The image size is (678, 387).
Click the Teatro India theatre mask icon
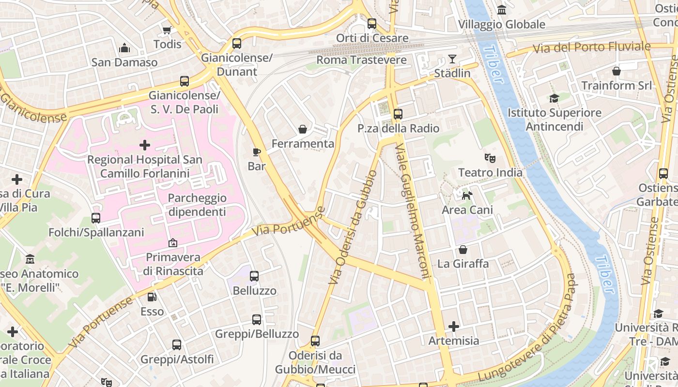pyautogui.click(x=490, y=158)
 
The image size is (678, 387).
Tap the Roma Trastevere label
pyautogui.click(x=361, y=60)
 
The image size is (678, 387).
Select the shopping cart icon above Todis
pyautogui.click(x=167, y=30)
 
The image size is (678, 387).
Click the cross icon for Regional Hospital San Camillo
pyautogui.click(x=144, y=145)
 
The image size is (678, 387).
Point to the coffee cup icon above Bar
pyautogui.click(x=257, y=152)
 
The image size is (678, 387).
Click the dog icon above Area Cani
pyautogui.click(x=467, y=195)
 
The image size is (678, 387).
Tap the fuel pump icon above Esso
pyautogui.click(x=152, y=297)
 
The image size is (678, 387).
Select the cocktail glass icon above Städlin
pyautogui.click(x=452, y=59)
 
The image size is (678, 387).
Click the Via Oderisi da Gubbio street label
pyautogui.click(x=352, y=227)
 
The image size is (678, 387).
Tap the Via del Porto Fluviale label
pyautogui.click(x=591, y=47)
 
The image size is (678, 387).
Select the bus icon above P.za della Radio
pyautogui.click(x=398, y=114)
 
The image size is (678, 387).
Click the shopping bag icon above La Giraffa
pyautogui.click(x=463, y=250)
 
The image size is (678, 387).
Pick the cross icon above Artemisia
pyautogui.click(x=454, y=327)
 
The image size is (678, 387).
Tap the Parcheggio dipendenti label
pyautogui.click(x=197, y=205)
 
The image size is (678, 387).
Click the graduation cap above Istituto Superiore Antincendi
pyautogui.click(x=554, y=99)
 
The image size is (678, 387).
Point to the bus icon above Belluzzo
pyautogui.click(x=254, y=276)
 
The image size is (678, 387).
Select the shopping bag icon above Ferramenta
pyautogui.click(x=303, y=129)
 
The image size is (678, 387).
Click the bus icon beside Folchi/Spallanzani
pyautogui.click(x=96, y=218)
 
